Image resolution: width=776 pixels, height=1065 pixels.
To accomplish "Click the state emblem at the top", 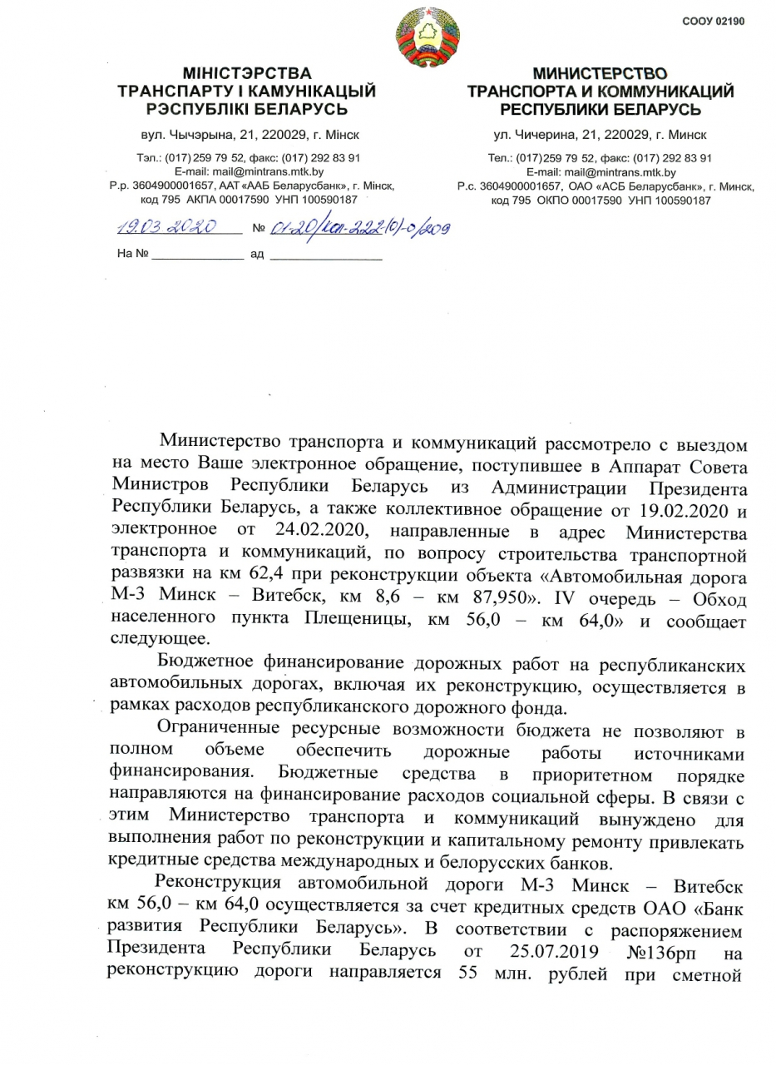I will pyautogui.click(x=427, y=37).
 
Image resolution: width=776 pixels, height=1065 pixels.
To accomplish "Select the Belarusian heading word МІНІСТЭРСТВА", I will pyautogui.click(x=247, y=74).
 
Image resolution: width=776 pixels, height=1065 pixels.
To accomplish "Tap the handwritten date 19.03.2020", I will pyautogui.click(x=166, y=227).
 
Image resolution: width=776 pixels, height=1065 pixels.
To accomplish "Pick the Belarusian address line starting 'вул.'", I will pyautogui.click(x=247, y=134).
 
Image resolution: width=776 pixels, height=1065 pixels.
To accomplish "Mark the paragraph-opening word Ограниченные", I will pyautogui.click(x=226, y=730).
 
